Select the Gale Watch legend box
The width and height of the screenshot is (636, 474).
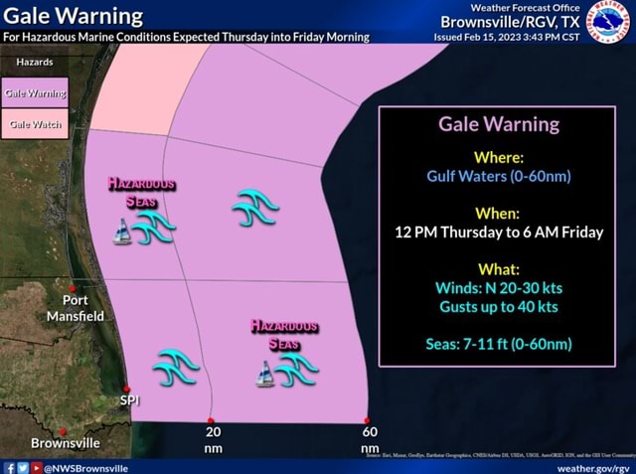pyautogui.click(x=36, y=125)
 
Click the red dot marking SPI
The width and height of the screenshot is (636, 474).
pyautogui.click(x=126, y=389)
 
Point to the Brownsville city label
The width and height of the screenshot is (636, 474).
pyautogui.click(x=66, y=442)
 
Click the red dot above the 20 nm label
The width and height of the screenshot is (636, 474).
pyautogui.click(x=211, y=421)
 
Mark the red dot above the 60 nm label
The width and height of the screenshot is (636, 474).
pyautogui.click(x=368, y=420)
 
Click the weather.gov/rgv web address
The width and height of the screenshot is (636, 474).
pyautogui.click(x=593, y=466)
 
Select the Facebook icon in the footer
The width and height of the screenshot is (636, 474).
pyautogui.click(x=10, y=466)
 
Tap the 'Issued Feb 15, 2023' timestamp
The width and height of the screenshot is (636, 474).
pyautogui.click(x=506, y=38)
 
